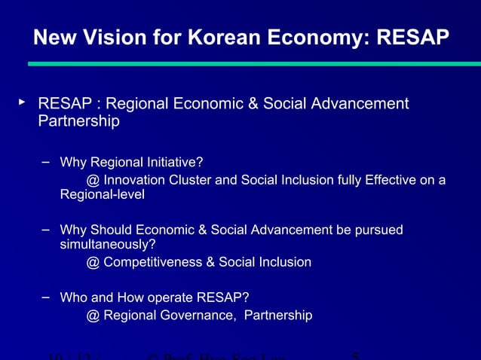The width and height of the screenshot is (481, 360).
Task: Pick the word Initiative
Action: point(172,162)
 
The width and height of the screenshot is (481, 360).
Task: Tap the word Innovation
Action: point(138,180)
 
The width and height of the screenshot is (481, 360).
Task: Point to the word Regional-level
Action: point(102,195)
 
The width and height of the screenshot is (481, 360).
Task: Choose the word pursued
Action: point(378,230)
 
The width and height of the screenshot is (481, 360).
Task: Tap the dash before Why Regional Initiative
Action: point(46,160)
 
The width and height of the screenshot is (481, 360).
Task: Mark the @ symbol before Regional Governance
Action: point(93,315)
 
